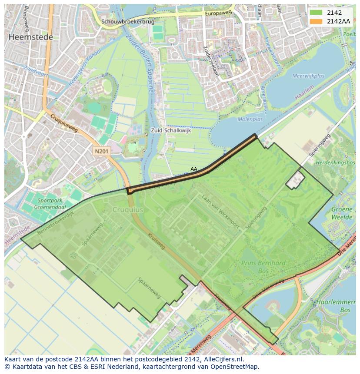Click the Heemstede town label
point(30,37)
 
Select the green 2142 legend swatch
point(316,13)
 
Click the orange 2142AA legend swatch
point(316,21)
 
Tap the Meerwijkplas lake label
point(308,76)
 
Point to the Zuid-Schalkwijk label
point(171,130)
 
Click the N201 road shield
point(102,151)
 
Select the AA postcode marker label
point(194,169)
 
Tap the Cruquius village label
point(128,209)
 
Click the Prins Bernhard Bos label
point(264,267)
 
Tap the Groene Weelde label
point(342,213)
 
